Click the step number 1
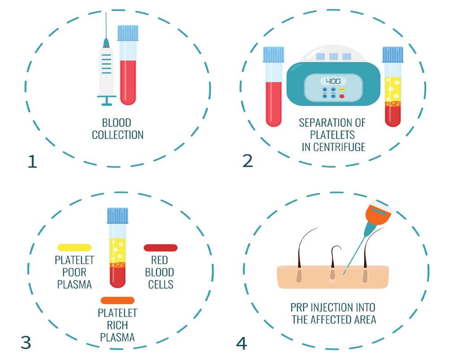click(x=32, y=161)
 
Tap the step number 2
click(x=248, y=160)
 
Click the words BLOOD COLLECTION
click(x=118, y=129)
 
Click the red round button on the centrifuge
click(x=343, y=96)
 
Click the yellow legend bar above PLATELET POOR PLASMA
click(x=74, y=247)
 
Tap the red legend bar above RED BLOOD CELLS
click(x=160, y=247)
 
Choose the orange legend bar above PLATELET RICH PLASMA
click(x=117, y=300)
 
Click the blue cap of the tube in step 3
click(x=117, y=216)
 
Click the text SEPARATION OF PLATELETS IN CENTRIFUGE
click(x=332, y=135)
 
